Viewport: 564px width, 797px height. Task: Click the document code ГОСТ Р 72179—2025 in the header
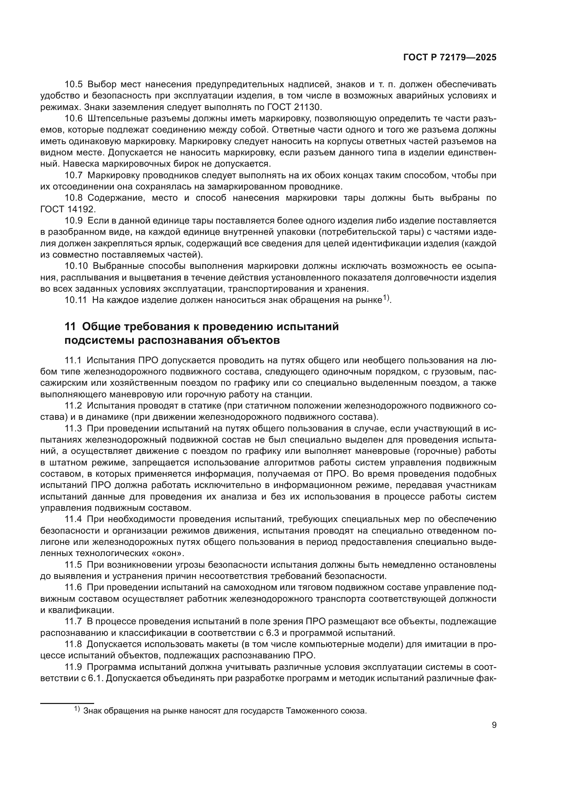(x=450, y=58)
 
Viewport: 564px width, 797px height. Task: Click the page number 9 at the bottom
(x=494, y=725)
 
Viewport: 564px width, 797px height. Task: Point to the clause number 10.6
(x=74, y=118)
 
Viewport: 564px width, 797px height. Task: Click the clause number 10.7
(x=74, y=175)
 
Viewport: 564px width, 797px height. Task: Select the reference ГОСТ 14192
(x=67, y=209)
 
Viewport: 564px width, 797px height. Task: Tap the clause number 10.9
(x=74, y=221)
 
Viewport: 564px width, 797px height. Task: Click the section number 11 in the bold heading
(x=70, y=327)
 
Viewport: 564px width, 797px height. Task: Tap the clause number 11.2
(x=74, y=405)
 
